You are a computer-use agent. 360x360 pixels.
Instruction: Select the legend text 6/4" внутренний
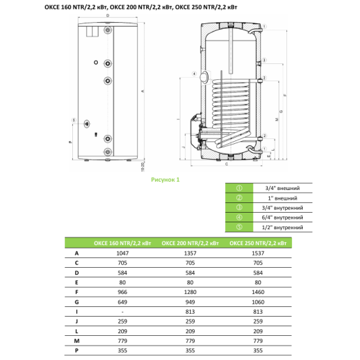[x=284, y=217]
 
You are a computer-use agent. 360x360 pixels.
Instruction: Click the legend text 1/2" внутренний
[x=284, y=226]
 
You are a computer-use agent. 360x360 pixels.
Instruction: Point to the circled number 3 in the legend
[x=238, y=207]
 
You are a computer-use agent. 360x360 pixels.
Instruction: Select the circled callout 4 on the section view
[x=195, y=74]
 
